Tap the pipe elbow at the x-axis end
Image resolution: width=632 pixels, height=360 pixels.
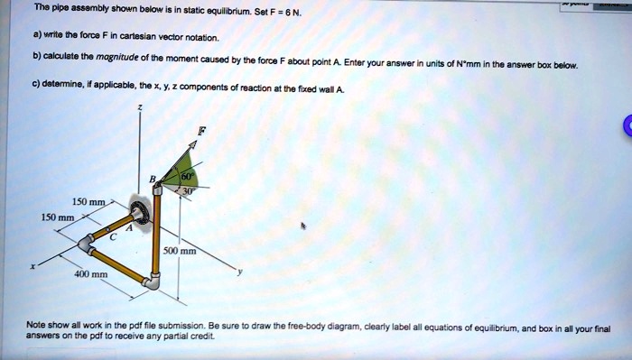(x=87, y=243)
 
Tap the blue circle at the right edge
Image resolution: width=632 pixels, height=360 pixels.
(x=626, y=127)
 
